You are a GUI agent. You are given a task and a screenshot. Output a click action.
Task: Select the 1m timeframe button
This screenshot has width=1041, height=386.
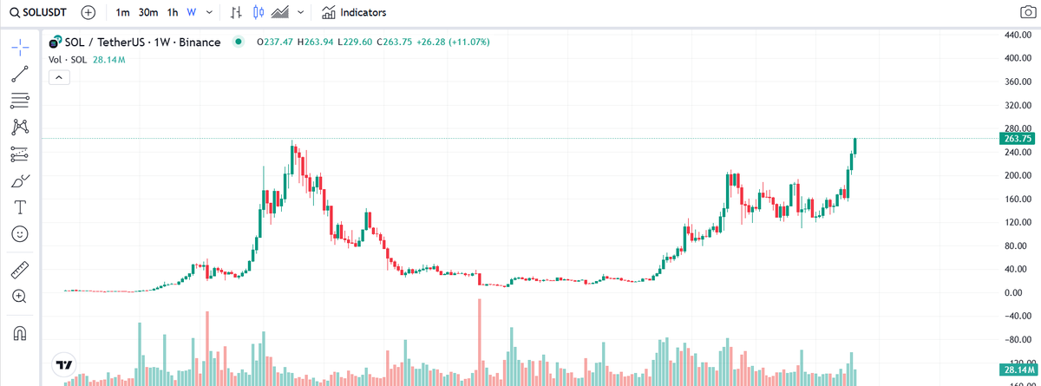pyautogui.click(x=122, y=13)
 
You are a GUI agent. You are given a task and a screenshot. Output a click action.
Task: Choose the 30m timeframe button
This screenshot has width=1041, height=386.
pyautogui.click(x=148, y=13)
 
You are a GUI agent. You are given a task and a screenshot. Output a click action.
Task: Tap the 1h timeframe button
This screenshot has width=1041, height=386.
pyautogui.click(x=173, y=13)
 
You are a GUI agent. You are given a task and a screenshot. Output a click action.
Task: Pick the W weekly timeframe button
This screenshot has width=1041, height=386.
pyautogui.click(x=191, y=13)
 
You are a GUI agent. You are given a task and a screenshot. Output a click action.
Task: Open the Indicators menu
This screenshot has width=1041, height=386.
pyautogui.click(x=354, y=13)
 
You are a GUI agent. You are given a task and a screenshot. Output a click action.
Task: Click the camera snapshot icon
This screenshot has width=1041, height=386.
pyautogui.click(x=1026, y=13)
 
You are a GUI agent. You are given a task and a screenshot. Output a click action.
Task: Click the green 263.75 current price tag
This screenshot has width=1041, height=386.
pyautogui.click(x=1016, y=139)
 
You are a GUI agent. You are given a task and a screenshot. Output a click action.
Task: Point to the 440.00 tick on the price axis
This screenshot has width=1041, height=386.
pyautogui.click(x=1016, y=35)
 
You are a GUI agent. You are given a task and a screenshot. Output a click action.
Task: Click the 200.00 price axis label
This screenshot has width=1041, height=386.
pyautogui.click(x=1016, y=175)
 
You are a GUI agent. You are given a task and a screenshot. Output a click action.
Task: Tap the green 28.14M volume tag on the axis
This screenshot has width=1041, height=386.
pyautogui.click(x=1016, y=370)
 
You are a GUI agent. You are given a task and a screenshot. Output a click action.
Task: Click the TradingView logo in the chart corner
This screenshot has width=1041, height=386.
pyautogui.click(x=63, y=366)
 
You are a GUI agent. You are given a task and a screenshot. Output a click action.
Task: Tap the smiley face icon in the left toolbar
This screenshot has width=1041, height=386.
pyautogui.click(x=19, y=234)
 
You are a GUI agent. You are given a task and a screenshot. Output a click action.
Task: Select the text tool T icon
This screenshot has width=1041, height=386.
pyautogui.click(x=19, y=207)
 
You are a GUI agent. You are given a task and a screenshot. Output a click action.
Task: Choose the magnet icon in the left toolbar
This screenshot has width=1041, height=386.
pyautogui.click(x=19, y=333)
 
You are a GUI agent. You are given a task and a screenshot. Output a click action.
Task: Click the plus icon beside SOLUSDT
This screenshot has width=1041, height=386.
pyautogui.click(x=88, y=13)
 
